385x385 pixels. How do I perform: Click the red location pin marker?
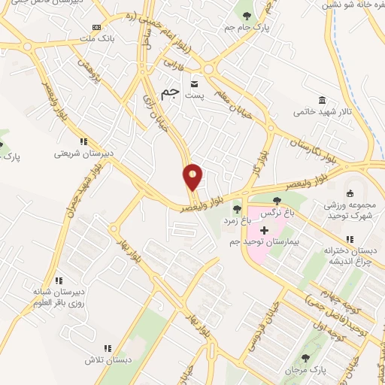coord(193,177)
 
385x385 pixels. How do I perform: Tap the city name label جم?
coord(172,92)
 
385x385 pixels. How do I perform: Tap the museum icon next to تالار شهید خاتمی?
coord(322,101)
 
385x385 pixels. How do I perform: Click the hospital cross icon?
coord(264,229)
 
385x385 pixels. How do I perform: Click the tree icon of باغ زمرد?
coord(238,209)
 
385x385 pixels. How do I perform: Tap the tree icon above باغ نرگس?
coord(277,201)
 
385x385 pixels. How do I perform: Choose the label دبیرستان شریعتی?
coord(83,153)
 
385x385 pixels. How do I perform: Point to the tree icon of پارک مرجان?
coord(305,358)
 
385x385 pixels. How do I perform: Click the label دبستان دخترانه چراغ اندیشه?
coord(350,255)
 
